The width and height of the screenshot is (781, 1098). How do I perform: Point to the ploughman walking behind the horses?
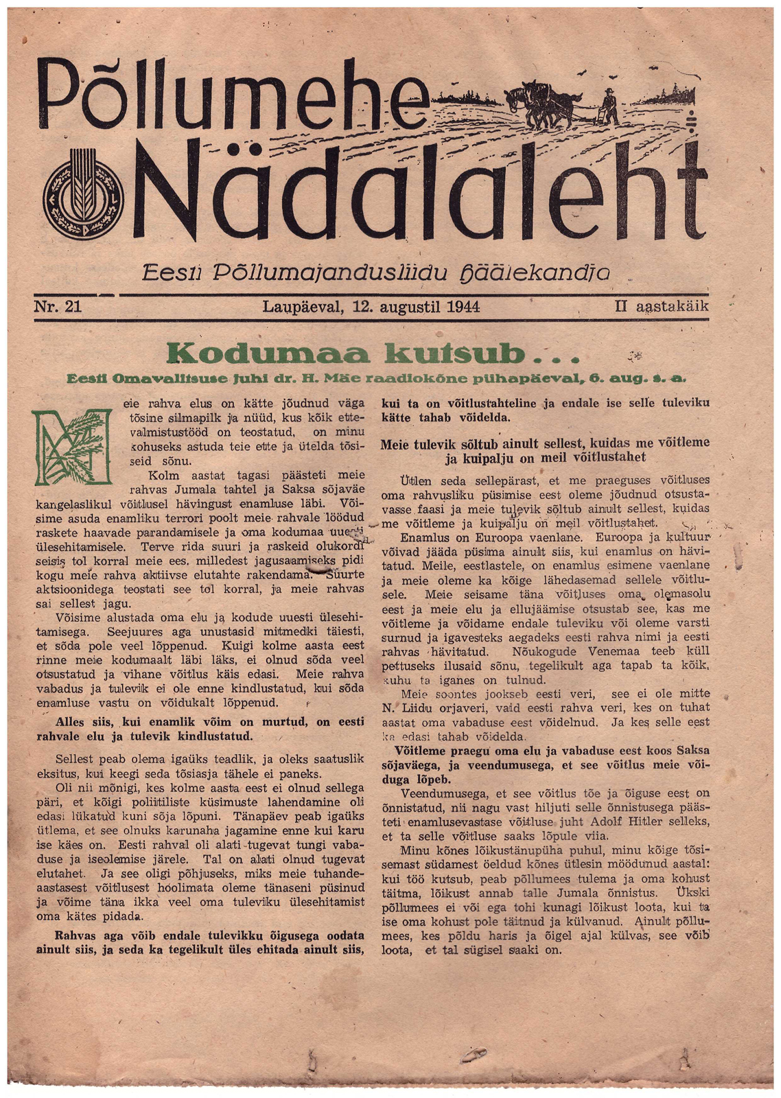click(x=607, y=107)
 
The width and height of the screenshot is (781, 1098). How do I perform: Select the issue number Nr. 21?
click(x=58, y=307)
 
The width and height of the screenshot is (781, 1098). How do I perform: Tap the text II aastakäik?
click(x=662, y=307)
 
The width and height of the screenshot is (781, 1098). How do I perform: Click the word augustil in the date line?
click(x=408, y=307)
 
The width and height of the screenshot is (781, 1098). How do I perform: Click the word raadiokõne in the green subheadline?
click(x=426, y=378)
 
